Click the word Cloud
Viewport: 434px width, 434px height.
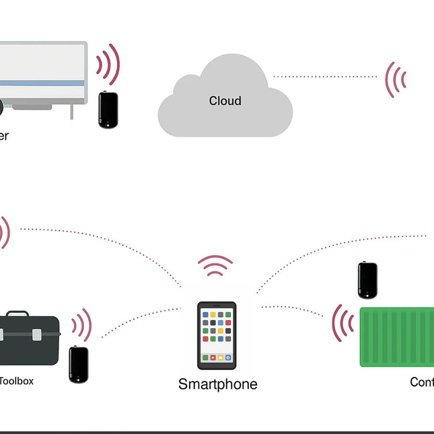(225, 101)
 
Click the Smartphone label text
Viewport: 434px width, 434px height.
(217, 384)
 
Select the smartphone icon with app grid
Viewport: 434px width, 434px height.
(217, 336)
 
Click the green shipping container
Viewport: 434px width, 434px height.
(397, 336)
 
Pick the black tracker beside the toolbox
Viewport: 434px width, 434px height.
(79, 365)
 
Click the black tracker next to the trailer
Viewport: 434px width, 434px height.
(108, 110)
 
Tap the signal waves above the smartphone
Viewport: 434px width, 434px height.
(215, 266)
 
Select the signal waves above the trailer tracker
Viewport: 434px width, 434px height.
(108, 65)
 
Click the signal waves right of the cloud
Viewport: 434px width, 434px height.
(396, 79)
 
